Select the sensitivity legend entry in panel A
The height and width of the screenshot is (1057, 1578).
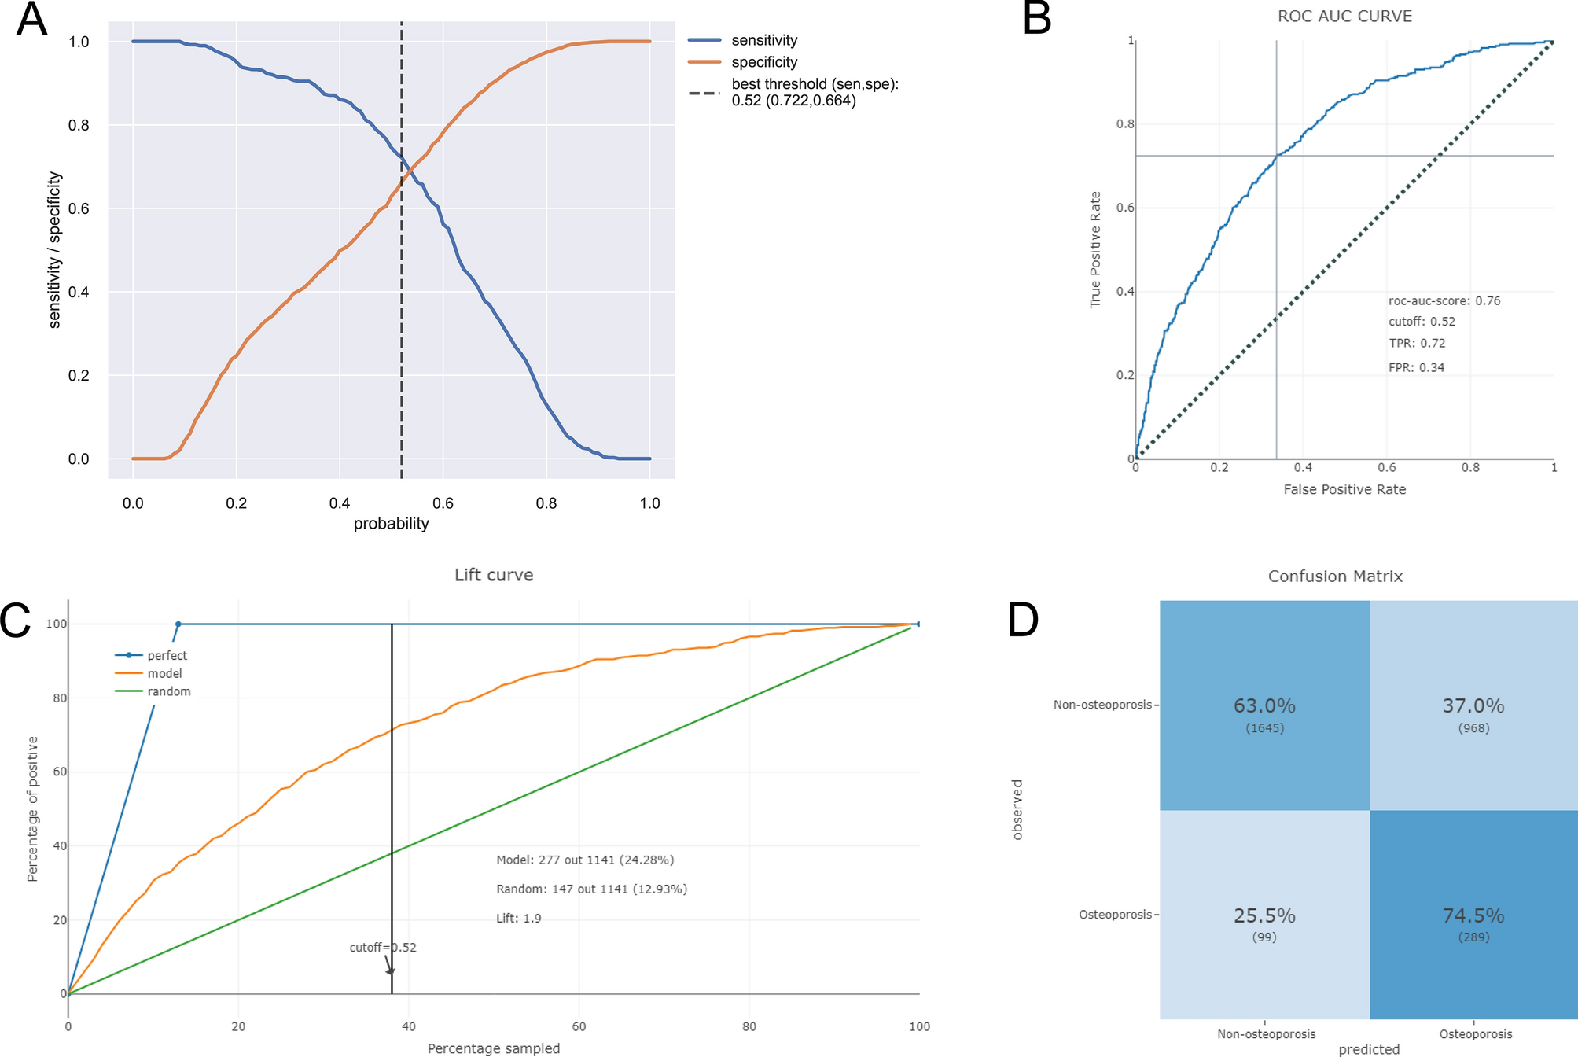tap(763, 40)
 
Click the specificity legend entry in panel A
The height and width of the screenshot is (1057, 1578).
tap(763, 62)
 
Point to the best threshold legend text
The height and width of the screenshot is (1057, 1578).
tap(814, 92)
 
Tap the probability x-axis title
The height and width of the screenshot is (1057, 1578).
tap(391, 524)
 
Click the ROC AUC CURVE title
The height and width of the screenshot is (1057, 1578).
tap(1344, 17)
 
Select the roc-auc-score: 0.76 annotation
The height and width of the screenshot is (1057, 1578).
tap(1444, 300)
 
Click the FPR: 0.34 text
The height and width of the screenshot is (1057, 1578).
tap(1416, 367)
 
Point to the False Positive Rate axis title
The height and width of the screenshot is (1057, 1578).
tap(1344, 489)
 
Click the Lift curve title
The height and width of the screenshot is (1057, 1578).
tap(494, 575)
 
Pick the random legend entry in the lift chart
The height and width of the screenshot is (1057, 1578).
tap(168, 691)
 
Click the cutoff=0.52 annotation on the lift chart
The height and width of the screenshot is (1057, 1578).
tap(382, 948)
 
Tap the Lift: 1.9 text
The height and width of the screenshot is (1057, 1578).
tap(518, 918)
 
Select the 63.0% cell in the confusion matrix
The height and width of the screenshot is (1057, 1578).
tap(1264, 706)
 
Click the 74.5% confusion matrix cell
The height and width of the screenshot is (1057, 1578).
tap(1473, 915)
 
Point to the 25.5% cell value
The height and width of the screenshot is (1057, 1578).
tap(1264, 915)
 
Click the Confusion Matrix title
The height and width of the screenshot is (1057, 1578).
tap(1335, 576)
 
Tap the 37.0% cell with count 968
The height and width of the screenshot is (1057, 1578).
tap(1473, 706)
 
